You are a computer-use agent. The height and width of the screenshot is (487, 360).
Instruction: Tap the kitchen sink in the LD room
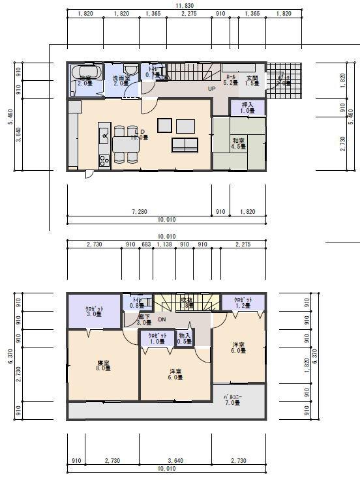(x=104, y=136)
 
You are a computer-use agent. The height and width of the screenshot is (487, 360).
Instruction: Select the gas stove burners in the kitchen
(x=104, y=160)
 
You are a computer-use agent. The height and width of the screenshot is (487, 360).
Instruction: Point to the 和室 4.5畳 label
(x=239, y=143)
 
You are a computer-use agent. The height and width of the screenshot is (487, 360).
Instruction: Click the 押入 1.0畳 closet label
(x=247, y=108)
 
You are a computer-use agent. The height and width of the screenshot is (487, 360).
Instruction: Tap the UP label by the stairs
(x=212, y=89)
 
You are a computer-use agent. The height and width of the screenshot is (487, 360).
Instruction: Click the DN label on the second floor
(x=162, y=319)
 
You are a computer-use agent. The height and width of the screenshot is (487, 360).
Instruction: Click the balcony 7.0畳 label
(x=232, y=400)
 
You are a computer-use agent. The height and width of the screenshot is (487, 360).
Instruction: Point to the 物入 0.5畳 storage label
(x=184, y=338)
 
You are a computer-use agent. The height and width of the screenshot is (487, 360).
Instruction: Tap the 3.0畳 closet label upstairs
(x=95, y=312)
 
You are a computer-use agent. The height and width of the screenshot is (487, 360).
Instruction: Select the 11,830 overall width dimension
(x=184, y=5)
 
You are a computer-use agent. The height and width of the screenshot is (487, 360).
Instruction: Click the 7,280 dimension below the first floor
(x=140, y=212)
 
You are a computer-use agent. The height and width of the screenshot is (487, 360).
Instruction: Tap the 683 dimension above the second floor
(x=147, y=244)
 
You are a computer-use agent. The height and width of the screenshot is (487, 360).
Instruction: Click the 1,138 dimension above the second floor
(x=165, y=244)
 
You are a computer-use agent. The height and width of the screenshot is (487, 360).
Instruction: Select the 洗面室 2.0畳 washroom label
(x=121, y=81)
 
